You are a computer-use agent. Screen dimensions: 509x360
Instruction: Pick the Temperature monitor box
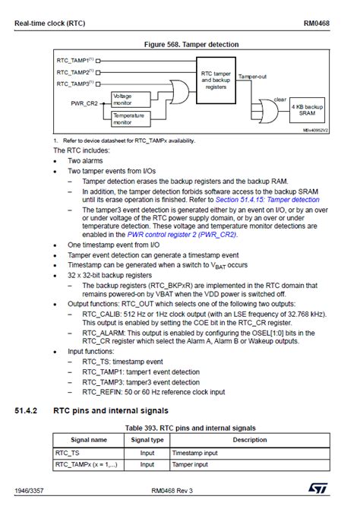127,119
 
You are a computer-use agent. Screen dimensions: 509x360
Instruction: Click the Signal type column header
147,439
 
